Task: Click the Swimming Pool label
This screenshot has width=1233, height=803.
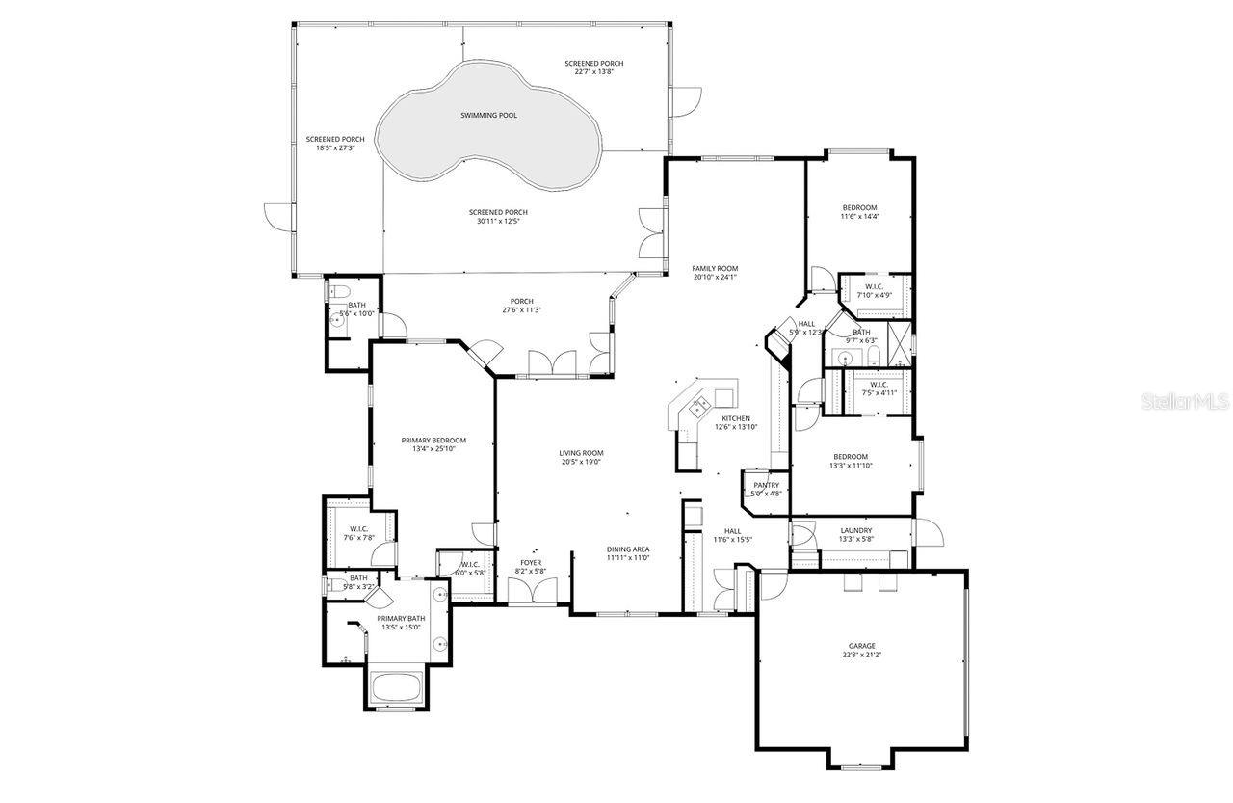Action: pos(488,115)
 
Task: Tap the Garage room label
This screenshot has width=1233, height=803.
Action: pos(862,646)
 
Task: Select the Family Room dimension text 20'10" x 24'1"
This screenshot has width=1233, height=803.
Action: pos(715,277)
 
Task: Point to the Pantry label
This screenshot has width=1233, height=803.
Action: pos(767,485)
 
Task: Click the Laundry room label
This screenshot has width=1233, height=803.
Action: pos(855,530)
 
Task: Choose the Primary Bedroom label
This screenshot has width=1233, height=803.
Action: pos(433,440)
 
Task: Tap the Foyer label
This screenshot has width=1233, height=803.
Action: pos(531,562)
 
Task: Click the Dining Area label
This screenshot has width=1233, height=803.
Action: pos(628,549)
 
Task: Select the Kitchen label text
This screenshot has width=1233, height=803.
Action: pos(736,418)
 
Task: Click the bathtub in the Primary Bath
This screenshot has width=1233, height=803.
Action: pos(396,688)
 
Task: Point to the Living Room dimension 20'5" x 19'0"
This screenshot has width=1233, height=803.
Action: pos(580,462)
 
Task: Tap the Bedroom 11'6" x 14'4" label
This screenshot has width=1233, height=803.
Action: pos(859,208)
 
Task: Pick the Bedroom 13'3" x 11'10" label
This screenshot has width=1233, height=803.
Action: pos(851,457)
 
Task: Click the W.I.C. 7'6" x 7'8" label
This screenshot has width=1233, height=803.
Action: pos(358,528)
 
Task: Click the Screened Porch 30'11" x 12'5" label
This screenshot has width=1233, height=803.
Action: pos(498,212)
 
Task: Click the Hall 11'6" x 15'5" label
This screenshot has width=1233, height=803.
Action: pos(732,530)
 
